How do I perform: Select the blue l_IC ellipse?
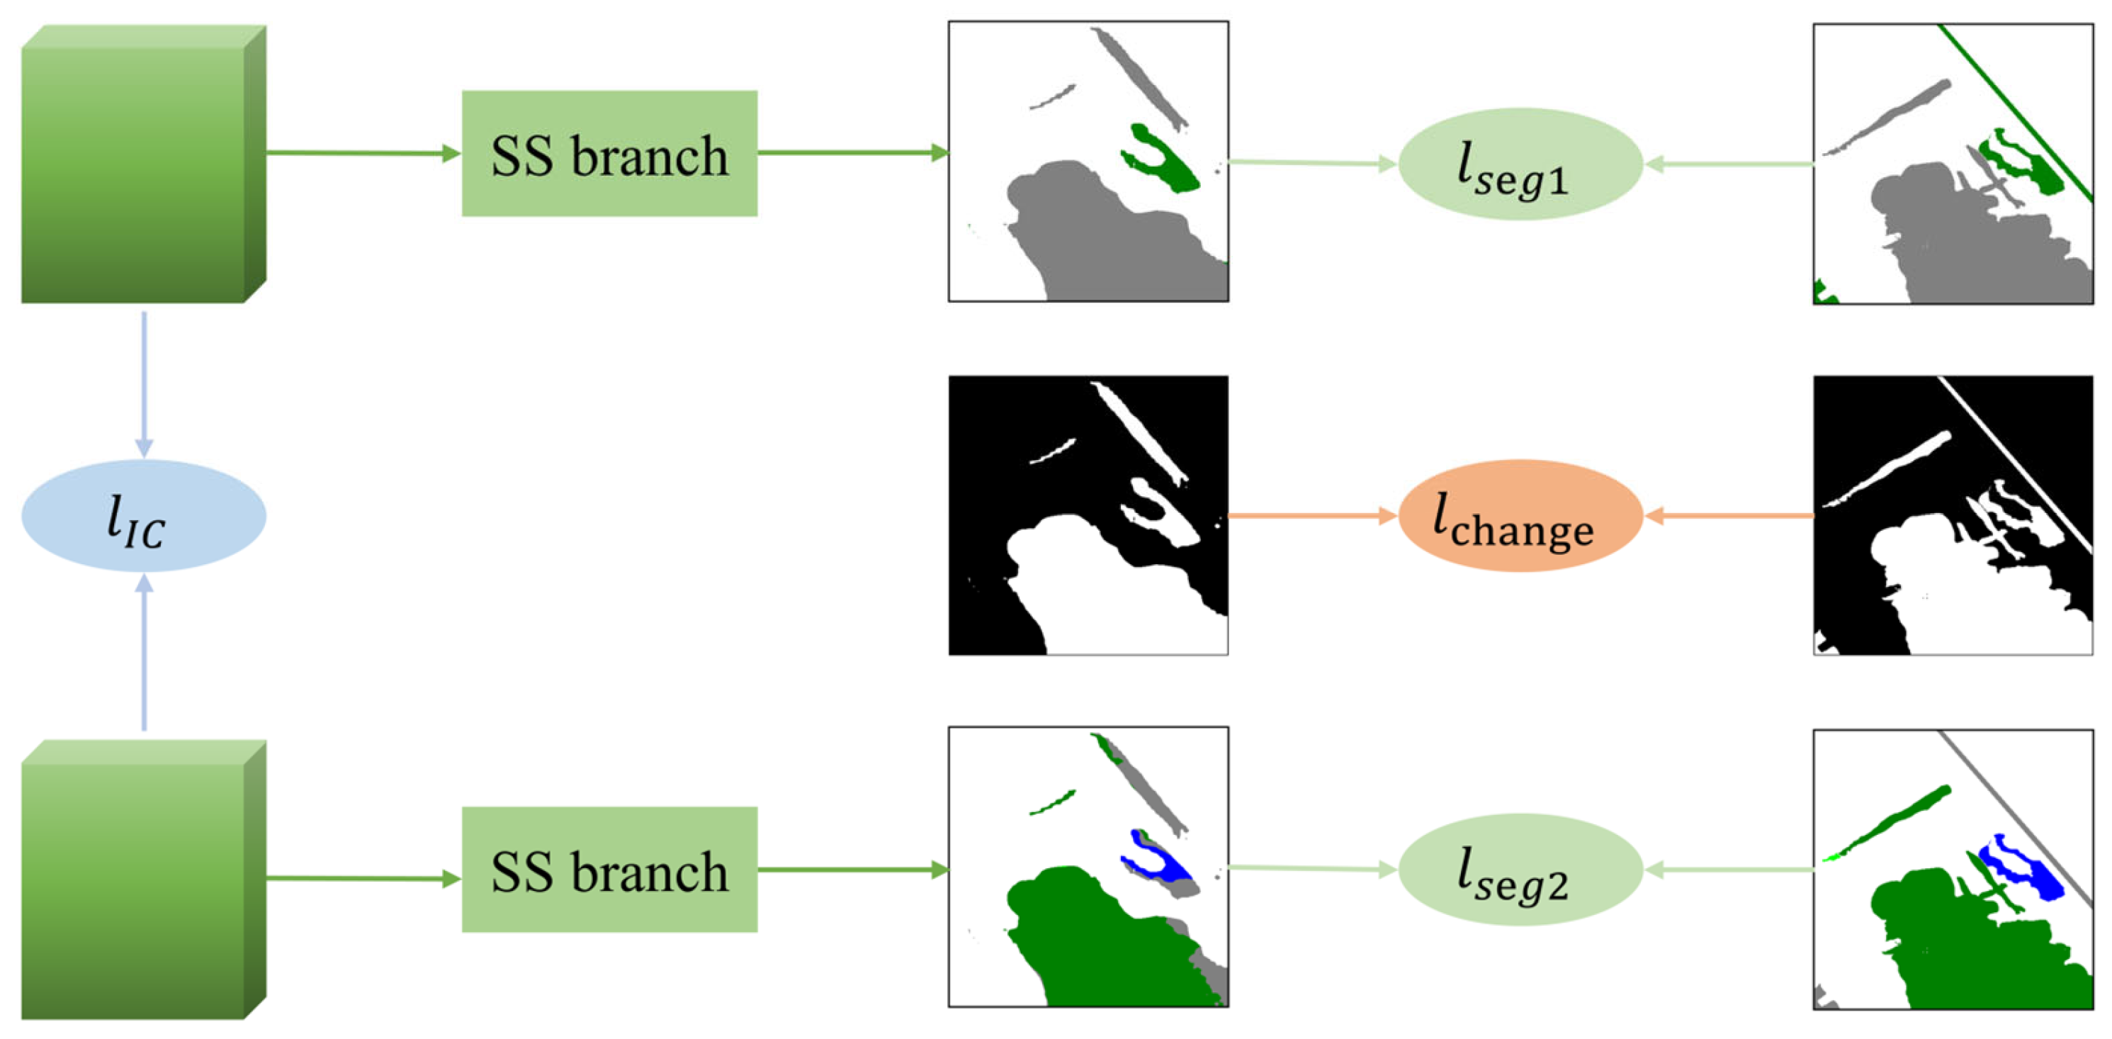click(144, 516)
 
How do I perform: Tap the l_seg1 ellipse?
click(1519, 164)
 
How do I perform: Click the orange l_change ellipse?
click(1519, 516)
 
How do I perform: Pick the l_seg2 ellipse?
click(1519, 869)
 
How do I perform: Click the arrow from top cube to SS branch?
click(361, 152)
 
